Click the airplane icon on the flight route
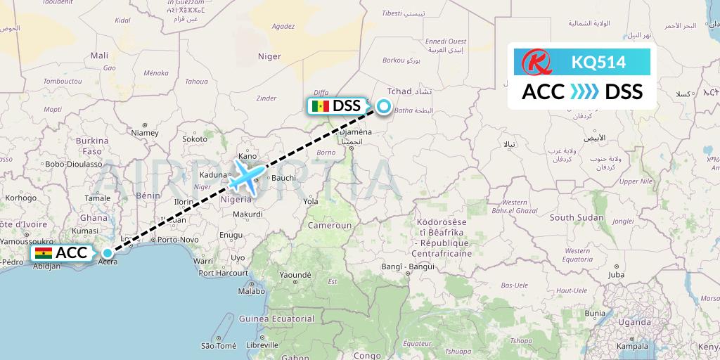(246, 176)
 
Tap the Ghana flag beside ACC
(43, 253)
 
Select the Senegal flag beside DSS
(320, 106)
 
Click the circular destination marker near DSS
(383, 107)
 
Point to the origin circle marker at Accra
(107, 253)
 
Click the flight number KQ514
(598, 62)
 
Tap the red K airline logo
(534, 62)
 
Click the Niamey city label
(145, 131)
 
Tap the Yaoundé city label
(295, 274)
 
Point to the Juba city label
(617, 274)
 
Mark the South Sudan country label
(577, 218)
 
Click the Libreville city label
(263, 346)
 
